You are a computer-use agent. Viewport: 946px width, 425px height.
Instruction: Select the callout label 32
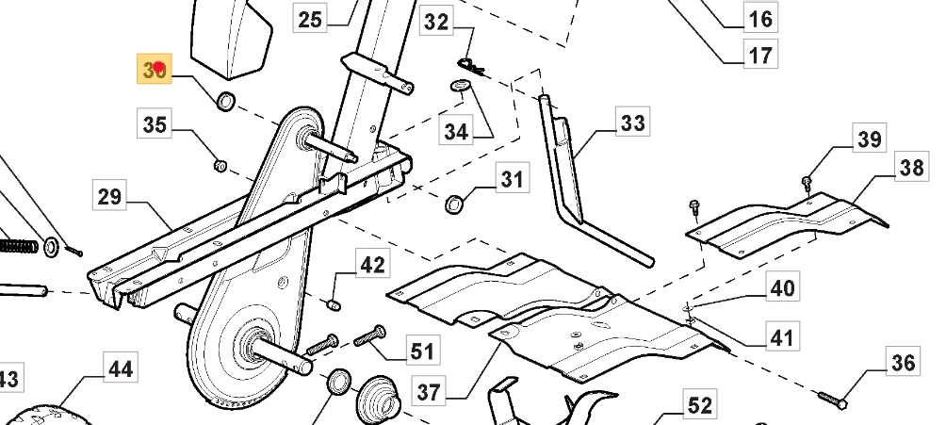click(x=436, y=21)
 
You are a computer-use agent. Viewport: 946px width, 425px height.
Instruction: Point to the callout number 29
click(x=109, y=197)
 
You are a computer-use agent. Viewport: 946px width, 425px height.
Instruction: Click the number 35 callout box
click(x=155, y=123)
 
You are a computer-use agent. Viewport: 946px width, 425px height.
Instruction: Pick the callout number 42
click(x=373, y=265)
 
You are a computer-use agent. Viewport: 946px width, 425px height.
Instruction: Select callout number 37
click(x=429, y=391)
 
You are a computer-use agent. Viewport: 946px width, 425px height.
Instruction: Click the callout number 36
click(x=903, y=362)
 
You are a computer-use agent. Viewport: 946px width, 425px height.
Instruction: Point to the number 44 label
click(x=119, y=368)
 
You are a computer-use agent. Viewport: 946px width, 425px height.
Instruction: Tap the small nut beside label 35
click(x=218, y=166)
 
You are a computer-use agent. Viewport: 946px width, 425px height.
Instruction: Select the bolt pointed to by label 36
click(x=830, y=400)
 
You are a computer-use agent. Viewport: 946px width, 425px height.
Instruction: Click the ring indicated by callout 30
click(x=226, y=101)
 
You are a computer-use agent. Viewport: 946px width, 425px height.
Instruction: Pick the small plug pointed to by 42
click(x=332, y=303)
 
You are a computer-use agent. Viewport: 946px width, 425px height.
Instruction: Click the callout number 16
click(x=759, y=17)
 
